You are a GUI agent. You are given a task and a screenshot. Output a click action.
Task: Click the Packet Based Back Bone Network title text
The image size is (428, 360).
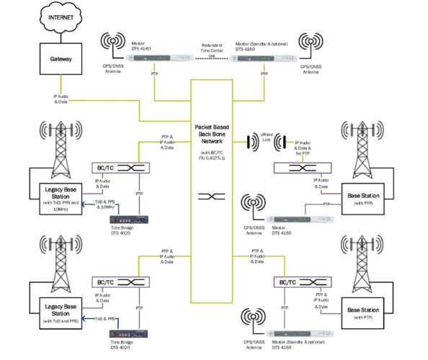coord(214,136)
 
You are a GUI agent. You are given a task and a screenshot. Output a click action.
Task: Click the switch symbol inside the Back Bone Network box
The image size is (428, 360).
coord(214,195)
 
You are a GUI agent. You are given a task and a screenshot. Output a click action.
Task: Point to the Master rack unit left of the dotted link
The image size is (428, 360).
coord(165,58)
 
